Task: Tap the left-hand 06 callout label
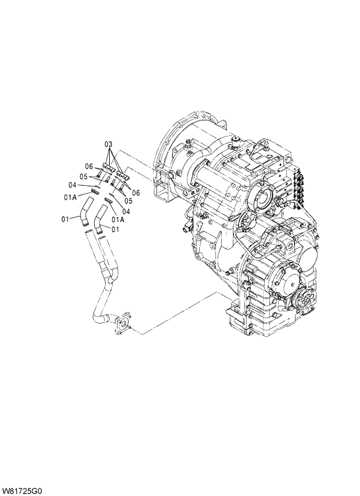pyautogui.click(x=89, y=166)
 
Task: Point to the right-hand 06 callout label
pyautogui.click(x=136, y=192)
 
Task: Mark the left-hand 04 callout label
pyautogui.click(x=73, y=185)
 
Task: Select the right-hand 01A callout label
pyautogui.click(x=118, y=220)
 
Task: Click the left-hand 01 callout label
pyautogui.click(x=66, y=218)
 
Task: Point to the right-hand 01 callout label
pyautogui.click(x=116, y=229)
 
